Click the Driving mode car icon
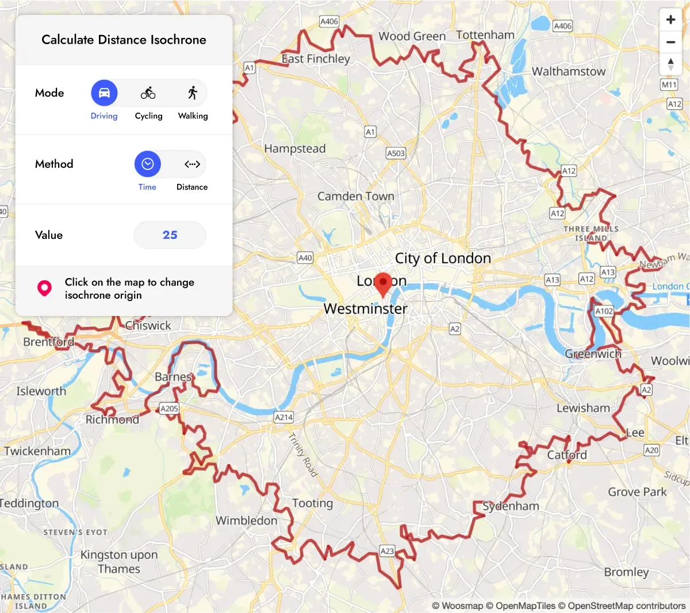104,93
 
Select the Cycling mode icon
148,93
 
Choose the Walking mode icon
193,93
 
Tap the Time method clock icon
148,164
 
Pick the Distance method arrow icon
192,164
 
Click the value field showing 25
170,235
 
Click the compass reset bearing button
670,63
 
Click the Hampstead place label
294,149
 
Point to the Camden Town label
355,196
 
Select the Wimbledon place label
246,521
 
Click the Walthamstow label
568,72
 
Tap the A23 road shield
388,551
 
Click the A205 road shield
169,408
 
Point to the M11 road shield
669,84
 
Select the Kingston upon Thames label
118,562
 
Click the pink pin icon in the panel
44,288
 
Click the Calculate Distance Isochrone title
124,40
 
